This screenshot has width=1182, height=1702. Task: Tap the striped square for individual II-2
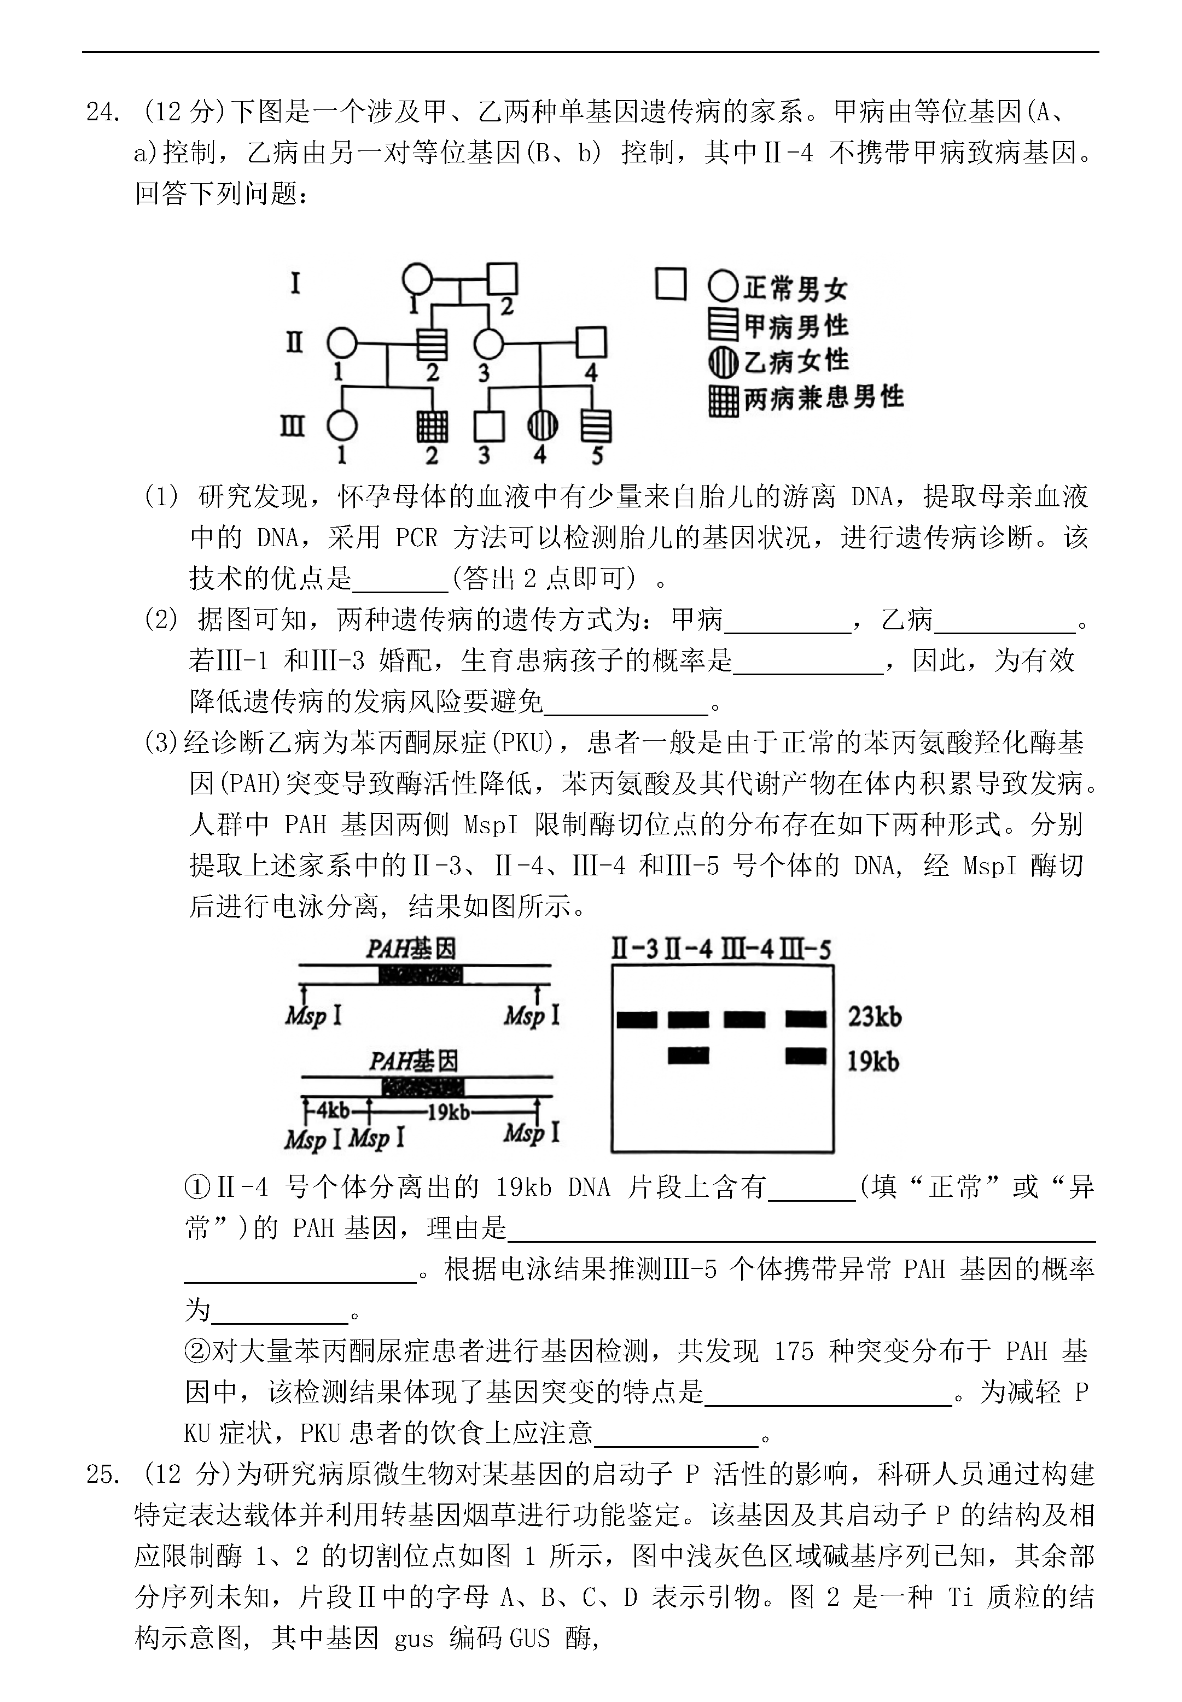(x=432, y=343)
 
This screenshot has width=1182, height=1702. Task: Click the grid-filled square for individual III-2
(x=432, y=426)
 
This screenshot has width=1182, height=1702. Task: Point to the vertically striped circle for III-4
(x=541, y=426)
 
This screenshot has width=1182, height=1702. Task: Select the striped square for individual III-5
(x=596, y=426)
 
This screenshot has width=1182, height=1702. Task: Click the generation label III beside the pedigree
(x=293, y=427)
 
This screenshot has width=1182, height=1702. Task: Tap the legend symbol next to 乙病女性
(x=723, y=362)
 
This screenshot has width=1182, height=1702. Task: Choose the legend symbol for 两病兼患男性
(x=723, y=401)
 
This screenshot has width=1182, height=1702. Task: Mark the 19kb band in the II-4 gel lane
(x=688, y=1055)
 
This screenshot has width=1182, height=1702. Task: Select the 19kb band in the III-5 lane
(x=805, y=1055)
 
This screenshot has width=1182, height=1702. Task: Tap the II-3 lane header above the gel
(x=634, y=950)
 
